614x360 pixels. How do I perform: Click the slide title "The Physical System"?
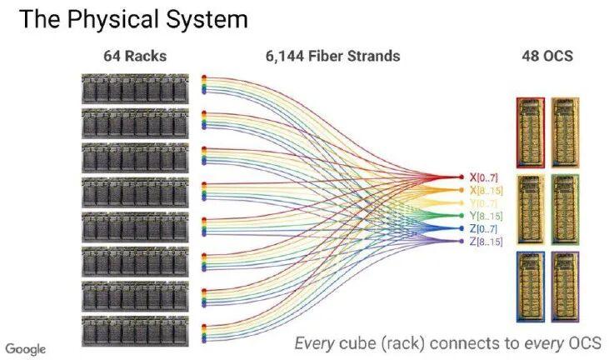pyautogui.click(x=133, y=20)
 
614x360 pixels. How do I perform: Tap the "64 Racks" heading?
pyautogui.click(x=135, y=56)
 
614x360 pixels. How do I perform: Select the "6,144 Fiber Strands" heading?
pyautogui.click(x=333, y=56)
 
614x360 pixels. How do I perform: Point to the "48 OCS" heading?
pyautogui.click(x=547, y=56)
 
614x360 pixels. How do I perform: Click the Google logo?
pyautogui.click(x=26, y=349)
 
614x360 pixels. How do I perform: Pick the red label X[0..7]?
pyautogui.click(x=483, y=177)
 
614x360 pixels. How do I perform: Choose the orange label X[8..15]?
pyautogui.click(x=486, y=190)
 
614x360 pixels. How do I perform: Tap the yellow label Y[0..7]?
pyautogui.click(x=483, y=202)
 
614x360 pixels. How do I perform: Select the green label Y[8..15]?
pyautogui.click(x=486, y=216)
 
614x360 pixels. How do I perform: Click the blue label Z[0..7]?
pyautogui.click(x=483, y=228)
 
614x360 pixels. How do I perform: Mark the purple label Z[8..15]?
pyautogui.click(x=486, y=242)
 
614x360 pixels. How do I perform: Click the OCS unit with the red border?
pyautogui.click(x=531, y=132)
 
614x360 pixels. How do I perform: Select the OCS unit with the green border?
pyautogui.click(x=565, y=209)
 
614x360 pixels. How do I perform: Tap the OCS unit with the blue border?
pyautogui.click(x=531, y=287)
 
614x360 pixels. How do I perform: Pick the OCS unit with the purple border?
pyautogui.click(x=565, y=287)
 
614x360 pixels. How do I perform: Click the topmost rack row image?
pyautogui.click(x=135, y=89)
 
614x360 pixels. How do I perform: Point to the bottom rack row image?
pyautogui.click(x=135, y=332)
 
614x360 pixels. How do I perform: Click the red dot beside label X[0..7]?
pyautogui.click(x=462, y=177)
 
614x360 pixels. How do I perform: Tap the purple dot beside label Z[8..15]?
pyautogui.click(x=462, y=241)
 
